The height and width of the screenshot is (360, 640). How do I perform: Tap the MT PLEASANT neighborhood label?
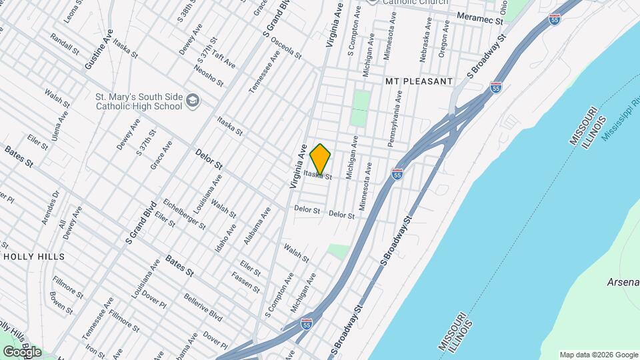419,81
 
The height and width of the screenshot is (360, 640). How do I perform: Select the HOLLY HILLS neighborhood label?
34,257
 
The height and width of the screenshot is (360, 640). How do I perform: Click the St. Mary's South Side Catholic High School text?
139,101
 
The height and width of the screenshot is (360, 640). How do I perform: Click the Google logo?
21,351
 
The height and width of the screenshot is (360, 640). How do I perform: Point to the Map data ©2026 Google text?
599,355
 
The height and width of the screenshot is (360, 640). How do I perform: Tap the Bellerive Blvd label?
203,305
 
